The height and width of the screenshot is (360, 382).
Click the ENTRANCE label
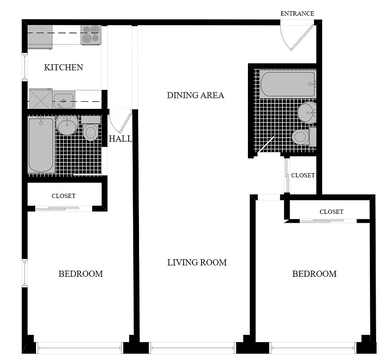[297, 13]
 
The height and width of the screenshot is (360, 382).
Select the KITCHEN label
[63, 67]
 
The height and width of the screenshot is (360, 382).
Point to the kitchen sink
[63, 99]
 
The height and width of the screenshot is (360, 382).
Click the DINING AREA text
[195, 95]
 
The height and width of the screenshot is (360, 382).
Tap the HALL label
[120, 139]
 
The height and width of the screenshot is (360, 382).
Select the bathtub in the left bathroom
[41, 144]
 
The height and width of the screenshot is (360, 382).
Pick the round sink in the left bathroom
[67, 125]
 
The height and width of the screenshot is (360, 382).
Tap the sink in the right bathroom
[307, 112]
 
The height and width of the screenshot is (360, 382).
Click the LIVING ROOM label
[197, 262]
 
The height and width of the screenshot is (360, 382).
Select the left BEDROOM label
[81, 274]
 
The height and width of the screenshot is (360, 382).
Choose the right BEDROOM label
[314, 274]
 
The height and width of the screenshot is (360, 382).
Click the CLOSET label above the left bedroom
[63, 196]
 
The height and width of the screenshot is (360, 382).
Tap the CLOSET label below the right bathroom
[303, 175]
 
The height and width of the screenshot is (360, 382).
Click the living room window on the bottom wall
[192, 347]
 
